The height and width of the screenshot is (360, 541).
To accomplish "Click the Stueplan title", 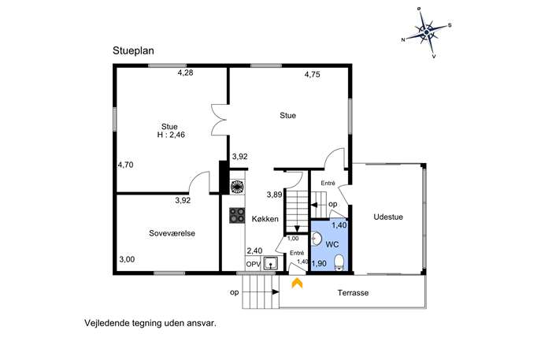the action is click(133, 50).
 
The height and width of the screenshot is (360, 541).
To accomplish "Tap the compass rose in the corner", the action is click(427, 32).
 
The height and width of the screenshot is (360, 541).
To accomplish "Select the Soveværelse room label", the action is click(172, 233).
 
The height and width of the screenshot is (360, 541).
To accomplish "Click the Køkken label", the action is click(265, 219).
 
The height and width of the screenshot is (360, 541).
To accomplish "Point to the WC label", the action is click(332, 245).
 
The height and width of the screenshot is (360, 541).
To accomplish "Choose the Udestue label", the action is click(388, 217).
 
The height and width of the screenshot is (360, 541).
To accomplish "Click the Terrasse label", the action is click(353, 293).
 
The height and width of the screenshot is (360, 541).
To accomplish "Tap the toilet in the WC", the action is click(339, 262).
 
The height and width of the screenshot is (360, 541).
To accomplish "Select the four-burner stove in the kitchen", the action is click(237, 215).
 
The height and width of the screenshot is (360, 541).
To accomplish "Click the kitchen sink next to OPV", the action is click(271, 263).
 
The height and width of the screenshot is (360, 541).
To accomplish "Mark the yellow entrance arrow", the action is click(297, 283).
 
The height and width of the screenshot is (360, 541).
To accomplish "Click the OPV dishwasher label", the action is click(254, 265).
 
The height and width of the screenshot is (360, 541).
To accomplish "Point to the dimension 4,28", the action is click(185, 72).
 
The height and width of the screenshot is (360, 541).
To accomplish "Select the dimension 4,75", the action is click(313, 74).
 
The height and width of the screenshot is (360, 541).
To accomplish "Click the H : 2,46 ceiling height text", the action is click(171, 135).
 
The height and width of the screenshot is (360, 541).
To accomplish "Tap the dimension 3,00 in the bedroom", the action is click(127, 259).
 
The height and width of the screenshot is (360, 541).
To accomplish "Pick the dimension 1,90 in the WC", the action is click(319, 264).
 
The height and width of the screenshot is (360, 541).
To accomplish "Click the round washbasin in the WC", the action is click(317, 238).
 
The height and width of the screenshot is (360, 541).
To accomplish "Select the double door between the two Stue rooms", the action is click(220, 119).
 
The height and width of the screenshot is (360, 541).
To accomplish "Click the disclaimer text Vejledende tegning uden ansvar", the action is click(150, 324).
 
